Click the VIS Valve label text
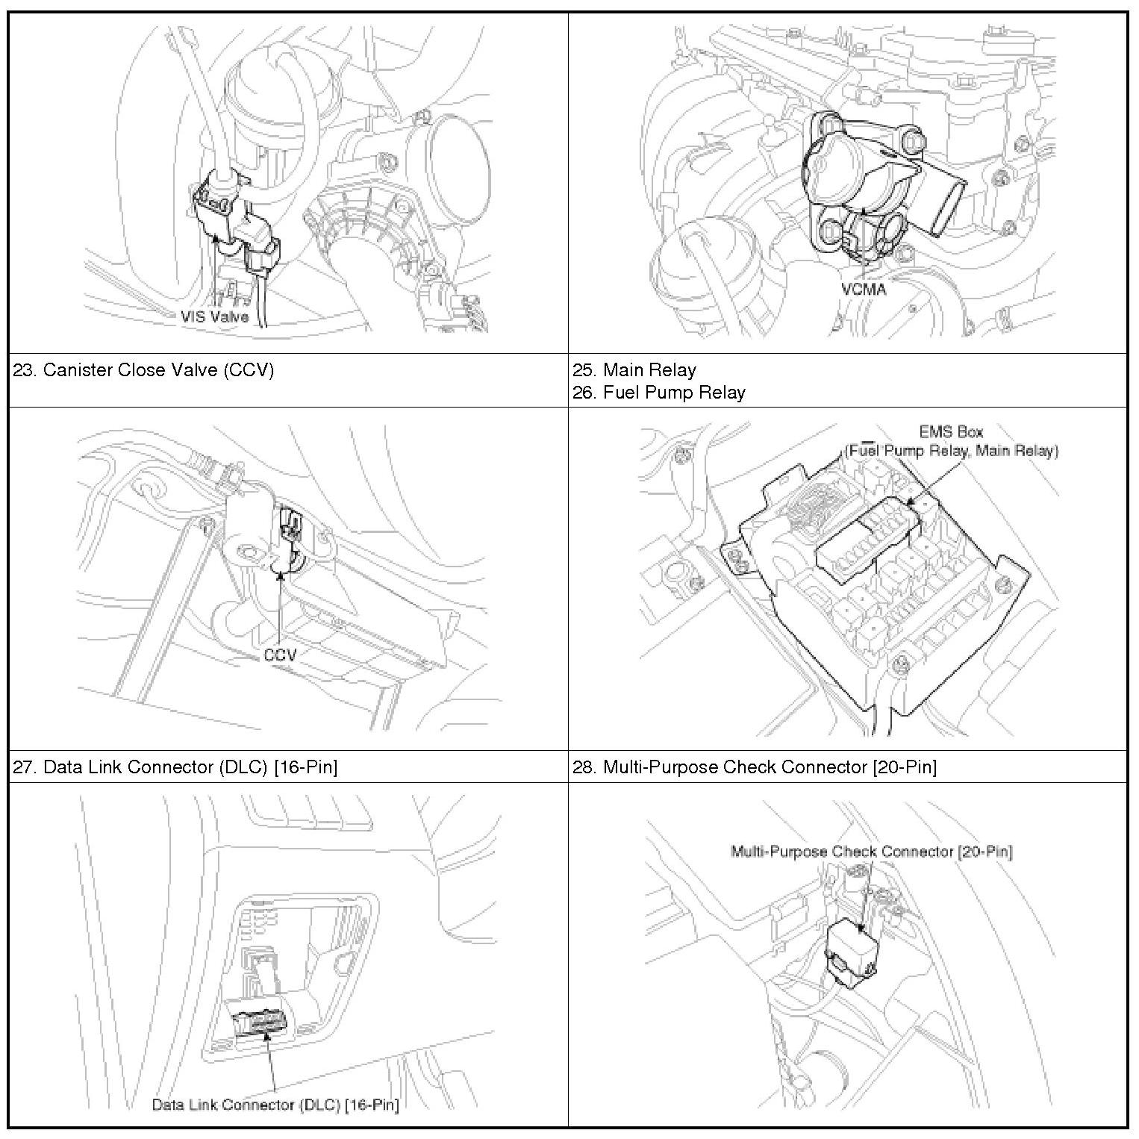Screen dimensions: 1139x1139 (x=214, y=316)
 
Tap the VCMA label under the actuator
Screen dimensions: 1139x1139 (x=864, y=288)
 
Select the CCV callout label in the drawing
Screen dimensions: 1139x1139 (x=280, y=655)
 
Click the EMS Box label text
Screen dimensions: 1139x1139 (x=951, y=431)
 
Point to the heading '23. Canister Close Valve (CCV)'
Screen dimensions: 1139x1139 (x=143, y=370)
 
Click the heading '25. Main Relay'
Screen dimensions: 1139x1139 (x=634, y=370)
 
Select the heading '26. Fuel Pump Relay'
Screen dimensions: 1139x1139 (x=659, y=393)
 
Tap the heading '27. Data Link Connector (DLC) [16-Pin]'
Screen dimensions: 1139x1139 (x=175, y=767)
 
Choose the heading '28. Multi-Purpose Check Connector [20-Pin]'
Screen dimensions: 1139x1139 (x=755, y=767)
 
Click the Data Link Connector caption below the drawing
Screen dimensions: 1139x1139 (x=275, y=1105)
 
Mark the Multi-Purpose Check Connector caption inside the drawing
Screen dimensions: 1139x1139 (x=871, y=852)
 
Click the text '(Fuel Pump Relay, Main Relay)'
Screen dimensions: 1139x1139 (x=951, y=451)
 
